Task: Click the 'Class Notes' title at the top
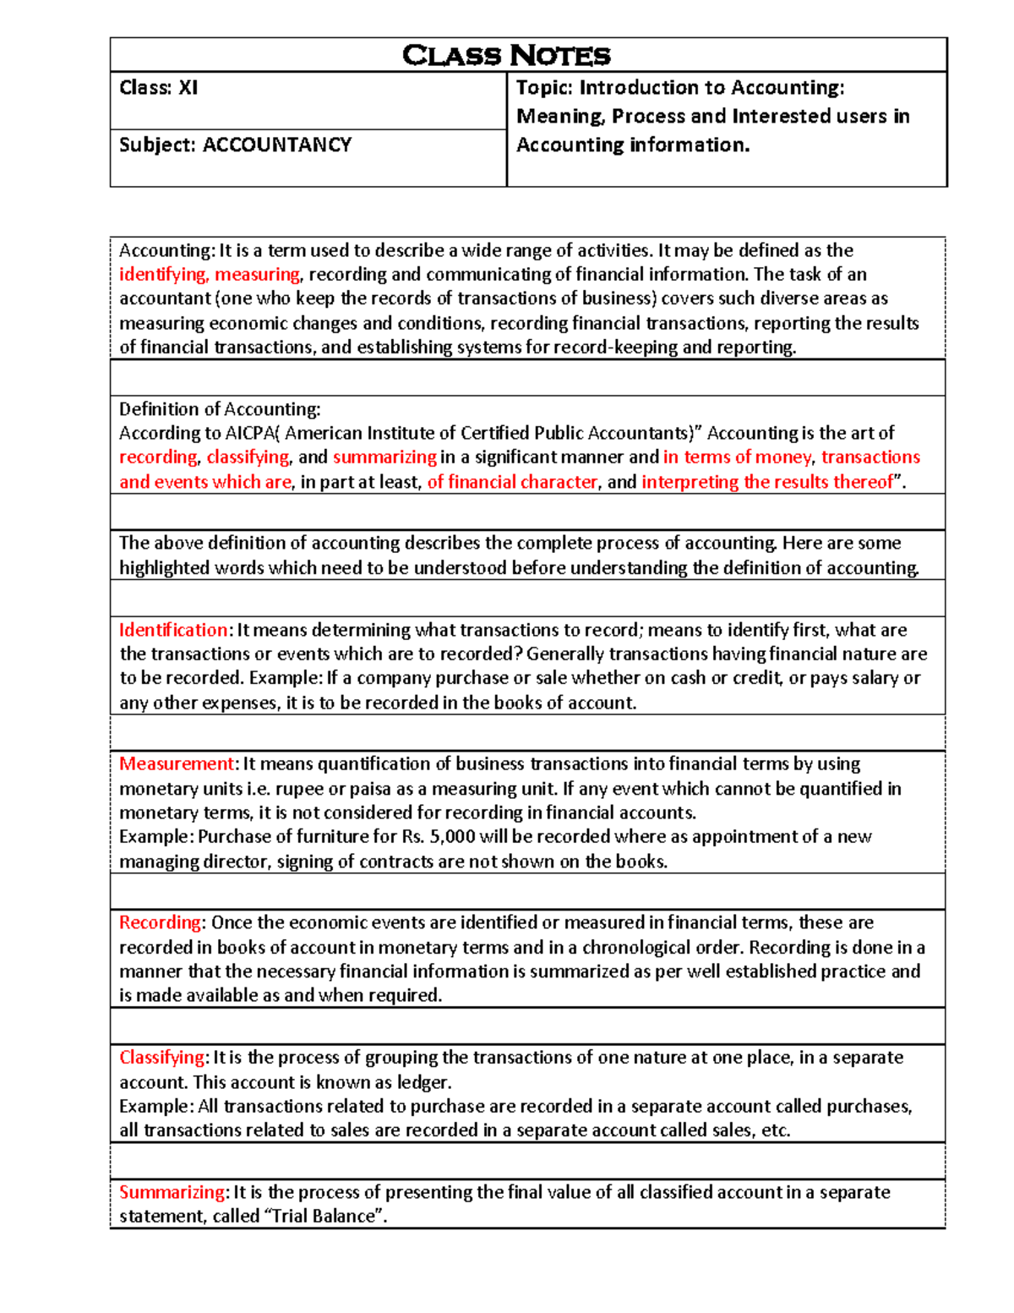point(506,56)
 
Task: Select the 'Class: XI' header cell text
point(159,88)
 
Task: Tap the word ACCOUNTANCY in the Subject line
point(277,145)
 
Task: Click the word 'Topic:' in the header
point(544,88)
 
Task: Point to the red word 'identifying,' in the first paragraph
point(163,275)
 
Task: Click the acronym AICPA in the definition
point(250,434)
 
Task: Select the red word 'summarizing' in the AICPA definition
point(384,457)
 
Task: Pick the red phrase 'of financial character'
point(512,482)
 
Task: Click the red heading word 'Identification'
point(173,631)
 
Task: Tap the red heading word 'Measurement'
point(177,764)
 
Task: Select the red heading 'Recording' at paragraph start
point(160,923)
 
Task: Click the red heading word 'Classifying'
point(161,1058)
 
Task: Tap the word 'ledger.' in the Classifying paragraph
point(425,1083)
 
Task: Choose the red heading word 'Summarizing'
point(172,1193)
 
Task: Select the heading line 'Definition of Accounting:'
point(220,410)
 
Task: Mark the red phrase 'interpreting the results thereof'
point(766,482)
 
